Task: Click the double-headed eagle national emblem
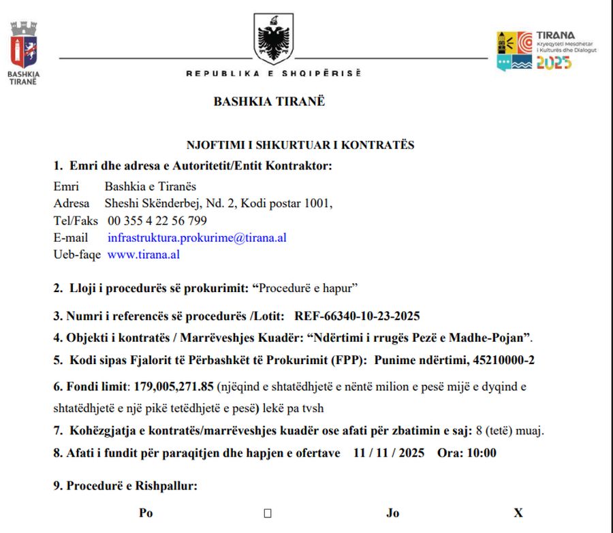[x=274, y=39]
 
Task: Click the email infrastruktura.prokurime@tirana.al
[x=197, y=238]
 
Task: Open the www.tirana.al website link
[x=144, y=255]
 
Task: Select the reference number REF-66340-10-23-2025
[x=357, y=316]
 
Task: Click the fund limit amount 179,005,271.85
[x=174, y=387]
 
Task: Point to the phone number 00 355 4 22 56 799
[x=157, y=221]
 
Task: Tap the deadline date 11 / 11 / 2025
[x=388, y=453]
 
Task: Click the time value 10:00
[x=482, y=453]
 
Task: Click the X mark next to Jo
[x=518, y=513]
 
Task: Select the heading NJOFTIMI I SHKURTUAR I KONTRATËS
[x=300, y=144]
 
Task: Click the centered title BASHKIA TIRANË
[x=269, y=101]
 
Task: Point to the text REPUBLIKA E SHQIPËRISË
[x=273, y=74]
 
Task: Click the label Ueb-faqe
[x=77, y=255]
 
